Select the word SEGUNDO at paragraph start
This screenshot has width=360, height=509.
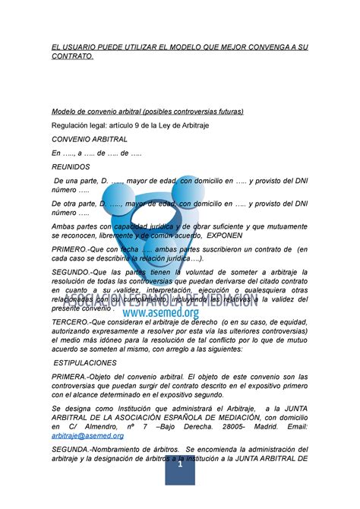(x=73, y=272)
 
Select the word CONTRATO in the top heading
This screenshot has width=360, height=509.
(x=72, y=57)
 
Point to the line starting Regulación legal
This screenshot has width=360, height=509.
(x=128, y=125)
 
